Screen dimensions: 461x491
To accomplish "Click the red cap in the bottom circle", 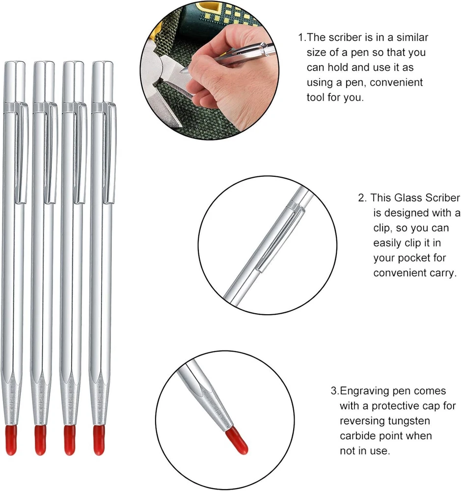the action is [237, 441].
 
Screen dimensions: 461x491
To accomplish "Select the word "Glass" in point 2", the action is [408, 198].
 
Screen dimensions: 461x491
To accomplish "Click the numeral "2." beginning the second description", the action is [362, 198].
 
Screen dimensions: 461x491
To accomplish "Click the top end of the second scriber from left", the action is [44, 62].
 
